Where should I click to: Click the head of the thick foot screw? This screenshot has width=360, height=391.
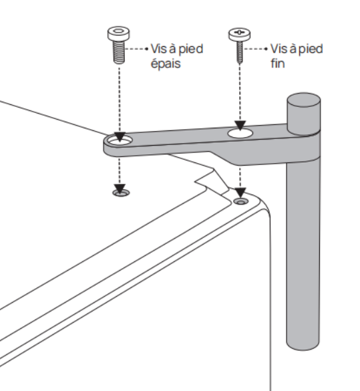(x=119, y=33)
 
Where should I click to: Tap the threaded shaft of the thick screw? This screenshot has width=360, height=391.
(x=119, y=52)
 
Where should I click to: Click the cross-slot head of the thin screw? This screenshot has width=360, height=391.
(x=239, y=34)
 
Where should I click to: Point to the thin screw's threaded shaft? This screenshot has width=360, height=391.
(x=240, y=52)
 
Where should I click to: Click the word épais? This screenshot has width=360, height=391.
(x=166, y=63)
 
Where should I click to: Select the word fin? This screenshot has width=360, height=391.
(x=278, y=63)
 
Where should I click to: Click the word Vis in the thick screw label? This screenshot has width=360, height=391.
(x=158, y=49)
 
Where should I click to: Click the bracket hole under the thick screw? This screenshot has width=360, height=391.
(x=120, y=141)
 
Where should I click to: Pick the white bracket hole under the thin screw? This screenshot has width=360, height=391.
(x=240, y=134)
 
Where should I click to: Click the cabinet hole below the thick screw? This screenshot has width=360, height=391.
(x=121, y=192)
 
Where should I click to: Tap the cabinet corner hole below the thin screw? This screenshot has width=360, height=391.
(x=240, y=201)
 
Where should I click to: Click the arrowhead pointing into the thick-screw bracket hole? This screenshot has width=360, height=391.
(x=120, y=137)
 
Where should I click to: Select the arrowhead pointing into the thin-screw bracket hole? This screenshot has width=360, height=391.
(x=240, y=126)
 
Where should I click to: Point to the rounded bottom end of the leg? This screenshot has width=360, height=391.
(x=303, y=346)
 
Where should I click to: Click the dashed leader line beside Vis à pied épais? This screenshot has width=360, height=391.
(x=137, y=49)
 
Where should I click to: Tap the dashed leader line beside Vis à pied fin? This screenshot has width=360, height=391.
(x=256, y=49)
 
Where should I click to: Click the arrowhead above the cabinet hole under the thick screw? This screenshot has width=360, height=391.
(x=120, y=188)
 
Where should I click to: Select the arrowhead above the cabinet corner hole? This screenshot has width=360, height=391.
(x=240, y=192)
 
